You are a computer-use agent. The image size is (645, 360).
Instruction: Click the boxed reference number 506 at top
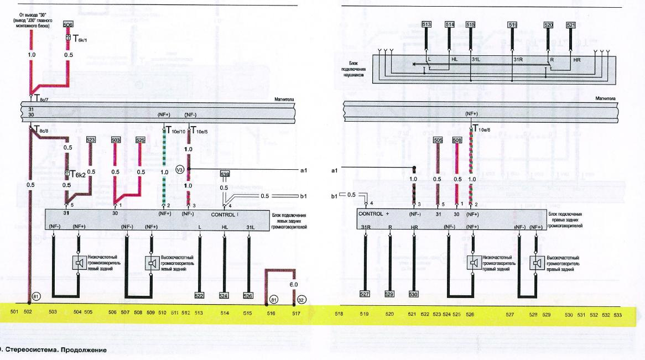click(x=67, y=25)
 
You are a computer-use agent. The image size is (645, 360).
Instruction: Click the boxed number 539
click(x=225, y=175)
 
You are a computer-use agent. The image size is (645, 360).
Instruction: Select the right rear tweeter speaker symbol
click(x=535, y=263)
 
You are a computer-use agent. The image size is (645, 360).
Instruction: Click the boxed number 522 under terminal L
click(x=199, y=295)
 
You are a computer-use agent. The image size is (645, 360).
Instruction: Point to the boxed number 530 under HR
click(x=414, y=295)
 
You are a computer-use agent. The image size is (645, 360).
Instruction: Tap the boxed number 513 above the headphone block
click(x=426, y=25)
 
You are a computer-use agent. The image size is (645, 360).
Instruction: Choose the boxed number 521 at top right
click(x=571, y=25)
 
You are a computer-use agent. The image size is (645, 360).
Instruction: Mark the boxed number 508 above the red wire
click(x=457, y=140)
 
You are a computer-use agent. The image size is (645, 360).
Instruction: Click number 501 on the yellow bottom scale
click(x=14, y=314)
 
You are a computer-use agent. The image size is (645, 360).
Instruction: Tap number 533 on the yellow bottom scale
click(x=617, y=315)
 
